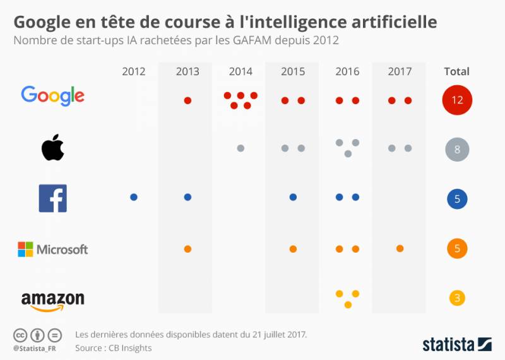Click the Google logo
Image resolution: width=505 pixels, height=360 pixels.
[52, 95]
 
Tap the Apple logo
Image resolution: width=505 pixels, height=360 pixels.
[53, 148]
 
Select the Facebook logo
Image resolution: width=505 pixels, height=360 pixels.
[53, 198]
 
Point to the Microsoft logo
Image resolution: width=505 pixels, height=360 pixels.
[53, 249]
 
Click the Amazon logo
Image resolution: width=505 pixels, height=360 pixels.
[53, 300]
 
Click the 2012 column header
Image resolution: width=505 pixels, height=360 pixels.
[133, 71]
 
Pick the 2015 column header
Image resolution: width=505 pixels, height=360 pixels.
[293, 71]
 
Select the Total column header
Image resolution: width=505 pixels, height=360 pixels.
[457, 71]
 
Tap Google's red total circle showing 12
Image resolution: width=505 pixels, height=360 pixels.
[457, 100]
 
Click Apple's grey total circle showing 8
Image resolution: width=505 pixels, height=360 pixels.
[457, 150]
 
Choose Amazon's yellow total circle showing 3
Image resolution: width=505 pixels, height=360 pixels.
[457, 297]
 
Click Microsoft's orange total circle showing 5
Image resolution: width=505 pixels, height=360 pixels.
[457, 249]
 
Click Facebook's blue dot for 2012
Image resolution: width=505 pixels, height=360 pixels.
[134, 197]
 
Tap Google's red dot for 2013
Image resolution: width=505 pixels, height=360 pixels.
[187, 100]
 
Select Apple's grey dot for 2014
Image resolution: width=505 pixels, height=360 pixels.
[241, 148]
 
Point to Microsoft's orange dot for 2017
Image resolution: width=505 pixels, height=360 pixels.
[400, 248]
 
